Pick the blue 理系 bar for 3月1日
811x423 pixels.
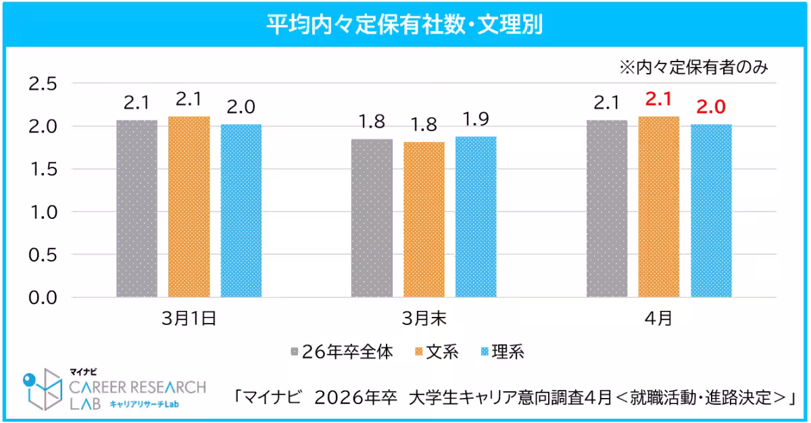(241, 210)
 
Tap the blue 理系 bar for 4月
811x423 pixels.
(711, 210)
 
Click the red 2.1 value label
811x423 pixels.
(659, 101)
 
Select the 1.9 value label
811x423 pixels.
(476, 119)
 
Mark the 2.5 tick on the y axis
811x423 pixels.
(43, 84)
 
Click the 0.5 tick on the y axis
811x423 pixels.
(43, 255)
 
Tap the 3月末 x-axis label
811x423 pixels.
(424, 318)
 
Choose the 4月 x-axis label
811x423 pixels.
(659, 318)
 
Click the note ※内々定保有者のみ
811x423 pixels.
(694, 68)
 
